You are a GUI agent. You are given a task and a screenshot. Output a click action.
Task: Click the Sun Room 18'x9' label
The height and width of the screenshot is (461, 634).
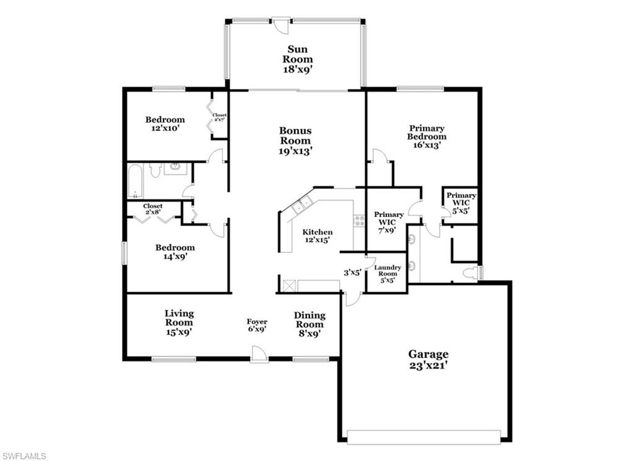click(x=298, y=59)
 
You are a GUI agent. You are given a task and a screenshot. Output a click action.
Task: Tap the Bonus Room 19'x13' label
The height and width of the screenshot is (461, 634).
click(x=295, y=141)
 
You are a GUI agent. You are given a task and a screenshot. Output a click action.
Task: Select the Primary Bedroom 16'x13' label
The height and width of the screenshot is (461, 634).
click(x=427, y=136)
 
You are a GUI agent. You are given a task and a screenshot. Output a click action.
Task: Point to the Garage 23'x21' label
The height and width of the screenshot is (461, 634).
click(x=428, y=359)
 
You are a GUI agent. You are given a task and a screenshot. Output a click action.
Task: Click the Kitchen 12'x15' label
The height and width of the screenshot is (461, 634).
click(x=317, y=236)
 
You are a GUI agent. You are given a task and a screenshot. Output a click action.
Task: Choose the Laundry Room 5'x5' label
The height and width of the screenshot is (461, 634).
click(x=388, y=273)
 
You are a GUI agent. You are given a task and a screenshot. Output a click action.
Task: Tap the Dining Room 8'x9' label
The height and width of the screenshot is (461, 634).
click(x=309, y=324)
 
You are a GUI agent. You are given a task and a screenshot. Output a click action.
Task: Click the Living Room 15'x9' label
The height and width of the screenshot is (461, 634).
click(x=179, y=322)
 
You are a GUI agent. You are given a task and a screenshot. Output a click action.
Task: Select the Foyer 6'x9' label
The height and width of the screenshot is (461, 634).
click(x=257, y=326)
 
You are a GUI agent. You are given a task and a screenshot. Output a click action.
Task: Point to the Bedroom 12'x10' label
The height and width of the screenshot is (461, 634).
click(x=165, y=123)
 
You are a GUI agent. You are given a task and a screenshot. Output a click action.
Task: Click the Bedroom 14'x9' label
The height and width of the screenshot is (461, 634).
click(x=175, y=252)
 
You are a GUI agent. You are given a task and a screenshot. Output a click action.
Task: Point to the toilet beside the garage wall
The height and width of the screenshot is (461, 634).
click(x=472, y=273)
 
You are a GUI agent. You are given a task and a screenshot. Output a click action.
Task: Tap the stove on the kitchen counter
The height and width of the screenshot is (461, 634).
click(x=358, y=220)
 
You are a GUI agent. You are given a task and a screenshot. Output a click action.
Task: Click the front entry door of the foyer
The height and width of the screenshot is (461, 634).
click(x=259, y=355)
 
